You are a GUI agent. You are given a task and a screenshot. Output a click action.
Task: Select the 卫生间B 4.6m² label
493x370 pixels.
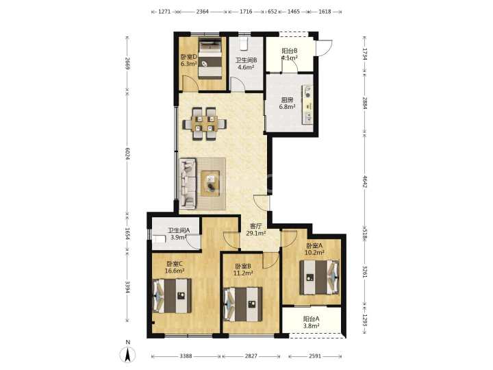[246, 63]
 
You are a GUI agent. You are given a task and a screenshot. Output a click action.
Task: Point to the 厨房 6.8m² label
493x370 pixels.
[287, 103]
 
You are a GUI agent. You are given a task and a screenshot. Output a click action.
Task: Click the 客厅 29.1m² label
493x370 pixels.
[255, 230]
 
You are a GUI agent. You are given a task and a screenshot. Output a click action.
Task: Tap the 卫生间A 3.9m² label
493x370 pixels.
[179, 234]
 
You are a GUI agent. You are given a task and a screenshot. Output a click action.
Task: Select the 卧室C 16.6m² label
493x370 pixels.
[175, 267]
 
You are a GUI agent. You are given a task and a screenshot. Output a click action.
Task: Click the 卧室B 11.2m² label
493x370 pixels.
[243, 270]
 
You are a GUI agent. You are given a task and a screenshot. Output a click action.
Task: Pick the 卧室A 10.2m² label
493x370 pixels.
[315, 249]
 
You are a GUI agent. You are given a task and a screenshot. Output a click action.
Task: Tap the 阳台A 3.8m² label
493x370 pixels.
[312, 322]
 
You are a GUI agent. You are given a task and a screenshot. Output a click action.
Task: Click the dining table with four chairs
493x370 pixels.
[204, 123]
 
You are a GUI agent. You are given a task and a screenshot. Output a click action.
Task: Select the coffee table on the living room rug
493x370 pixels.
[210, 184]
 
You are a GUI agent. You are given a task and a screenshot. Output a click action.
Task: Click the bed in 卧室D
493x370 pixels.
[210, 58]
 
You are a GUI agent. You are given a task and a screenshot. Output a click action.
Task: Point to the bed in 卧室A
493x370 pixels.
[320, 277]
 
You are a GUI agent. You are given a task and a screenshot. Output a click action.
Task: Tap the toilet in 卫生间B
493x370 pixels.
[244, 44]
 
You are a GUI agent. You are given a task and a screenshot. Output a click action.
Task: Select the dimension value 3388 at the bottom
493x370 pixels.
[186, 356]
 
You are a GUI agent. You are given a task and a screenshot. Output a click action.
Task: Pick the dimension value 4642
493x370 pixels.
[365, 182]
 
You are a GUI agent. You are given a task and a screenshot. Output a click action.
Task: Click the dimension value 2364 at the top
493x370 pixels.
[202, 12]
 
